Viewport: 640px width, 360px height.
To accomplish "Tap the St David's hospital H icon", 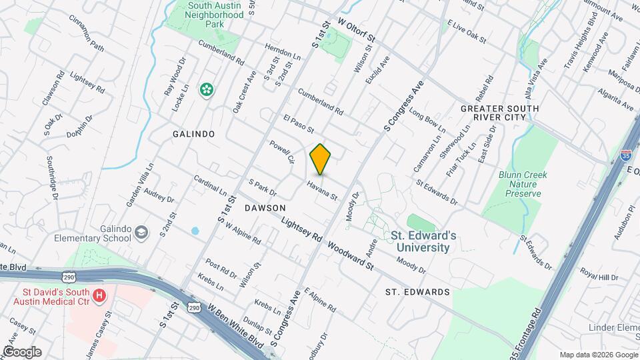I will (x=99, y=295).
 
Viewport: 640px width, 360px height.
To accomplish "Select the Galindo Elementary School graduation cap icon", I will (x=141, y=232).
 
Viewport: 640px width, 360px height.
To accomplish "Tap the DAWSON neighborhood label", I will (x=265, y=208).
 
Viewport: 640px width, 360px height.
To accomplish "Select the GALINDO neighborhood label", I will (x=193, y=134).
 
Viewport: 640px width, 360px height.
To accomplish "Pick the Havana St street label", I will (x=323, y=191).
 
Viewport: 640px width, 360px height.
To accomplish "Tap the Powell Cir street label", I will (x=281, y=152).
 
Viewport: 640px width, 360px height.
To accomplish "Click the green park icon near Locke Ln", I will (x=207, y=88).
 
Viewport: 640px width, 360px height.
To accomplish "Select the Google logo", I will (x=22, y=351).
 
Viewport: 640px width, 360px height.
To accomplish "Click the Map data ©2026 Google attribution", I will (x=598, y=355).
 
